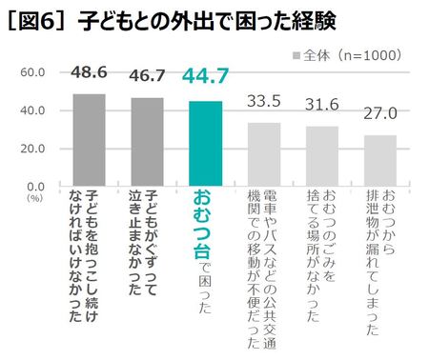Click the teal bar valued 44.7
tap(205, 143)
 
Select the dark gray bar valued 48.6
tap(89, 140)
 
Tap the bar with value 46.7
tap(147, 142)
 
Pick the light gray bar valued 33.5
tap(264, 154)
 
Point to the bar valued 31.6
tap(322, 156)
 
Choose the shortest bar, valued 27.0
tap(380, 161)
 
